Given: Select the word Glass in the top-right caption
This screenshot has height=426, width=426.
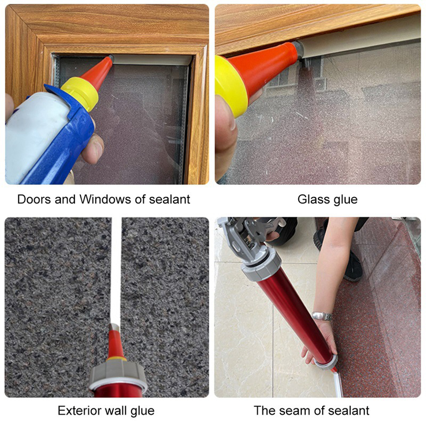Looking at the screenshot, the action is [x=312, y=199].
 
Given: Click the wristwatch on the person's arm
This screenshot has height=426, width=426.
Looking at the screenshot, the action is [x=322, y=316].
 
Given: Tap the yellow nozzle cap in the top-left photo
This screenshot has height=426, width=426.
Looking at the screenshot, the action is [x=80, y=93].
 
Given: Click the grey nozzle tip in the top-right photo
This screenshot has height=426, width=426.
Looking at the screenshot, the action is [x=299, y=49].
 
